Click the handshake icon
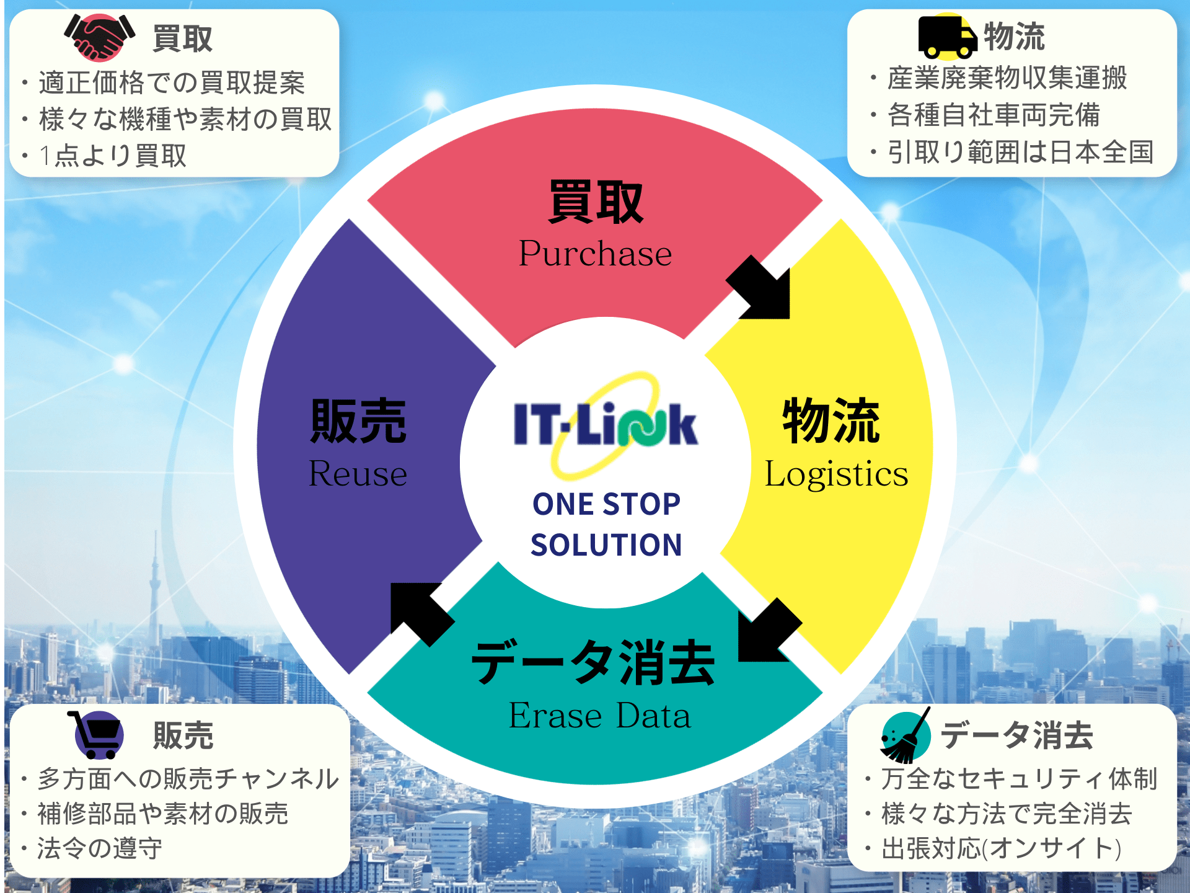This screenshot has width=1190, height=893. pos(99,37)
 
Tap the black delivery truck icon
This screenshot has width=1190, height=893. pos(948,37)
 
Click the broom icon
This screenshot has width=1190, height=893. pos(906,735)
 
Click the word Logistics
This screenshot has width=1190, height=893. pos(836,474)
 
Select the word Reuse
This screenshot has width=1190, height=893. pos(358,474)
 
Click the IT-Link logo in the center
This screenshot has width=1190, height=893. pos(606,425)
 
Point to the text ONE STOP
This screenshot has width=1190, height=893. pos(606,504)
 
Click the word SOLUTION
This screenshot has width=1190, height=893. pos(606,545)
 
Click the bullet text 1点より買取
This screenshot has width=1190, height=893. pos(112,155)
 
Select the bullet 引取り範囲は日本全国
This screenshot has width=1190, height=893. pos(1020,152)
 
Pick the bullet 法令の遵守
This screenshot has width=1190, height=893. pos(99,848)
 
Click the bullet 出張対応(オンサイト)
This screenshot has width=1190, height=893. pos(1002,848)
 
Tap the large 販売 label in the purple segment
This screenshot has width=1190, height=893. pos(358,421)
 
